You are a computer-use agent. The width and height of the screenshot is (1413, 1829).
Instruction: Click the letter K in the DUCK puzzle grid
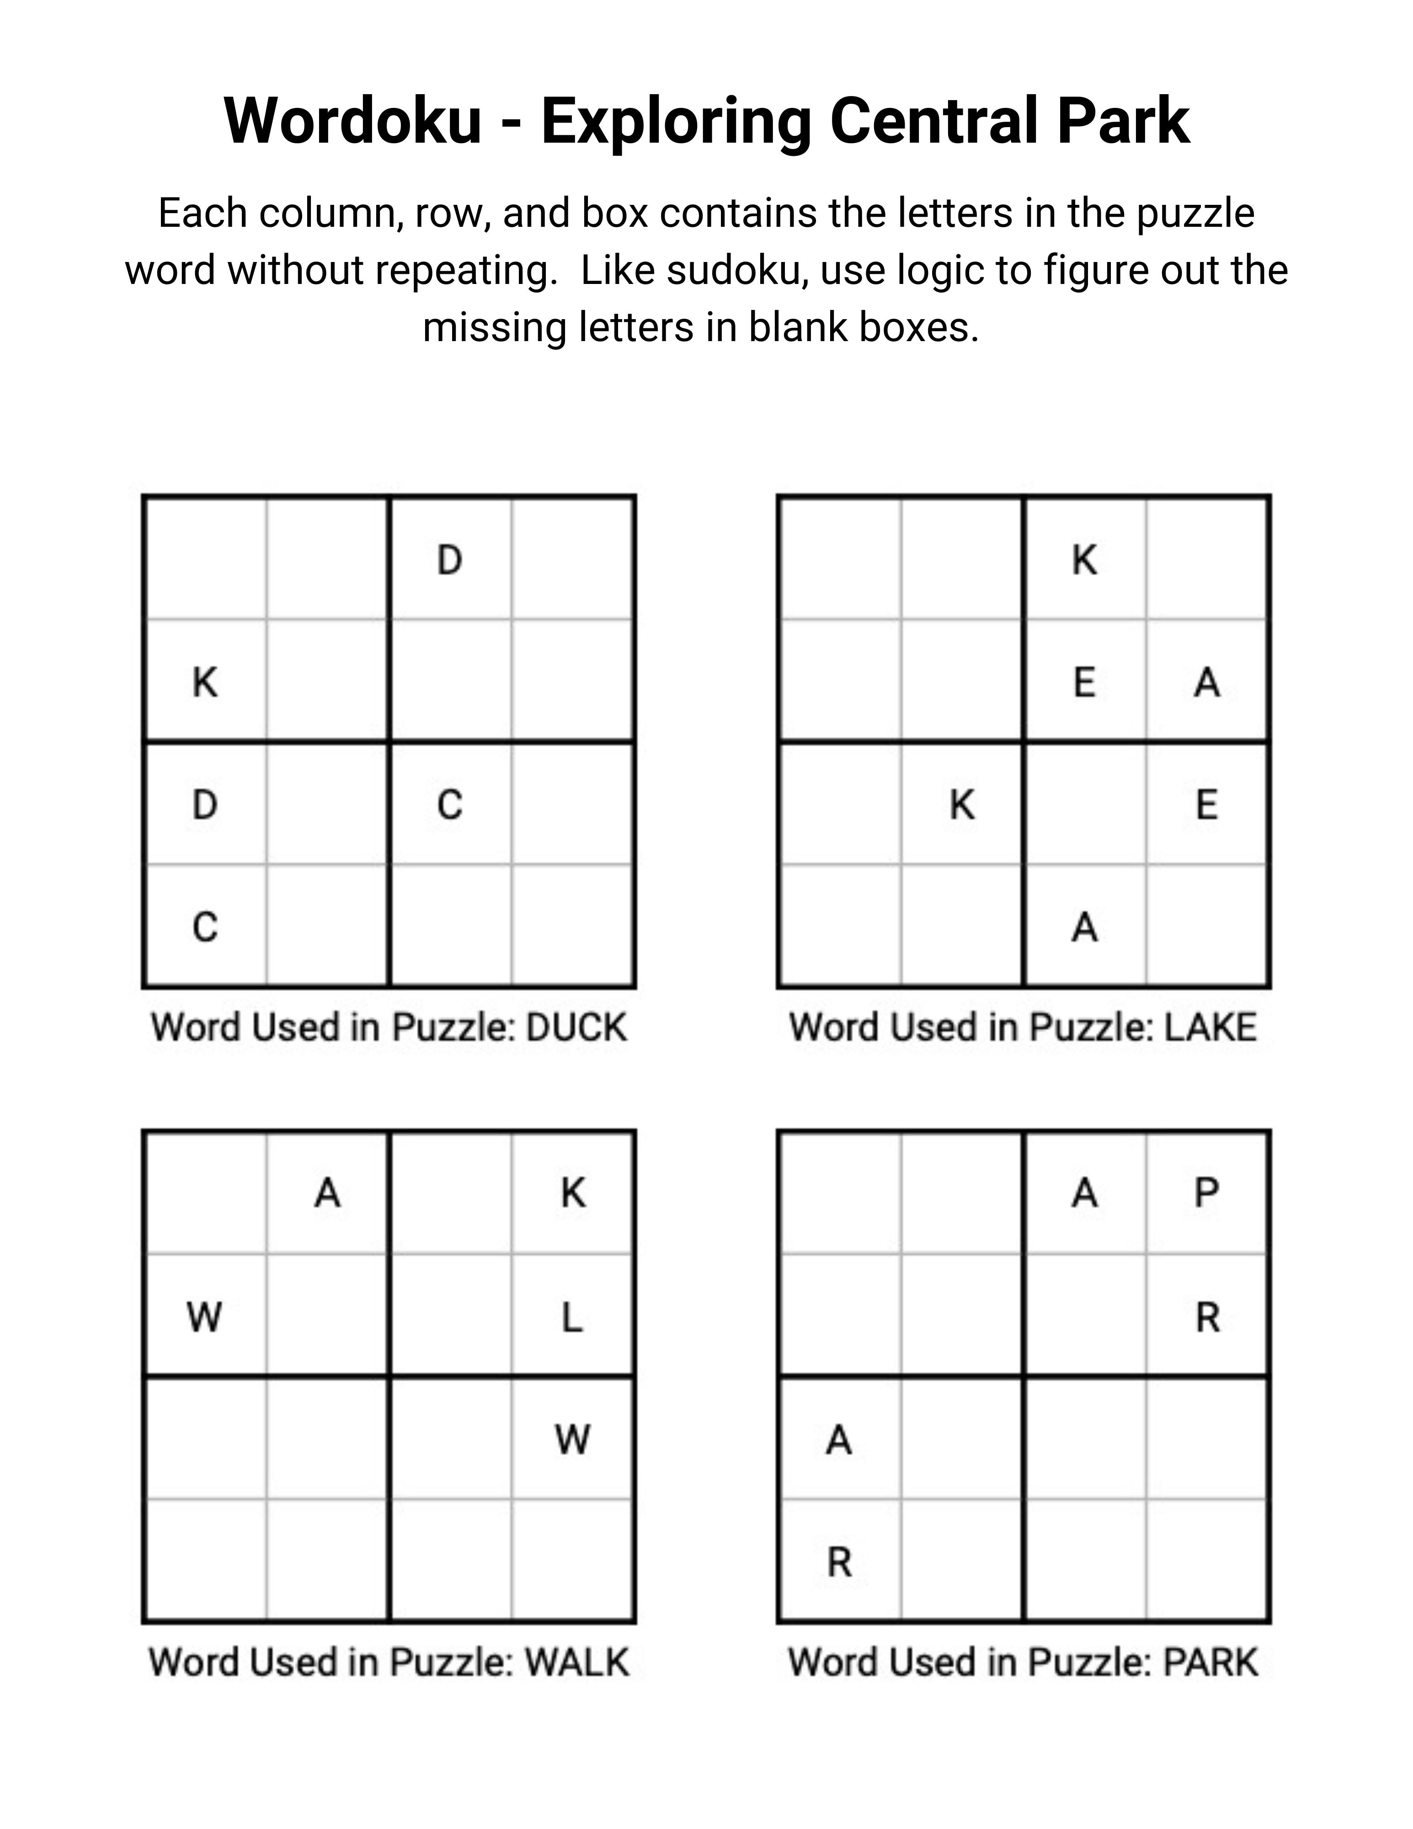point(205,683)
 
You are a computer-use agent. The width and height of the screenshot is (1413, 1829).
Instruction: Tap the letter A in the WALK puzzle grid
point(327,1193)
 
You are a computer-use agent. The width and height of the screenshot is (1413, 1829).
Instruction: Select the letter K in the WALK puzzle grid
point(573,1193)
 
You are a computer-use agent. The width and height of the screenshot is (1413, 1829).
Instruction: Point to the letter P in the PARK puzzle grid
point(1206,1193)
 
